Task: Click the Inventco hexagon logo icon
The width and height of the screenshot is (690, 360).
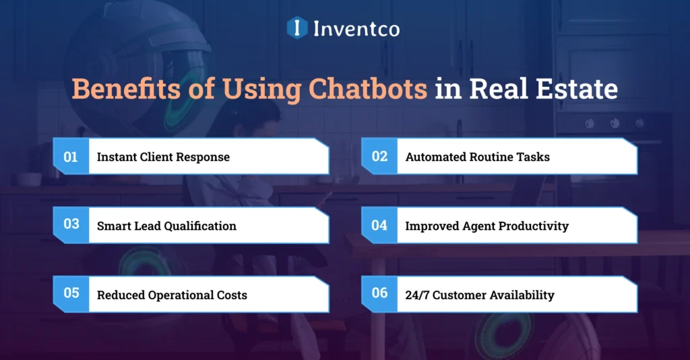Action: click(x=297, y=28)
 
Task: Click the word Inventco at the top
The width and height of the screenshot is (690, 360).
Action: click(x=356, y=28)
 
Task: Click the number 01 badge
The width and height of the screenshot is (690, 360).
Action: click(x=71, y=156)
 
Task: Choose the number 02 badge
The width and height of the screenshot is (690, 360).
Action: click(x=379, y=156)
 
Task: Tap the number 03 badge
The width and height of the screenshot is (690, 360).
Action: click(x=71, y=225)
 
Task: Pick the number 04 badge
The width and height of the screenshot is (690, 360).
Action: click(x=379, y=225)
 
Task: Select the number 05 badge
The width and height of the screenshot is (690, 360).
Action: click(x=71, y=294)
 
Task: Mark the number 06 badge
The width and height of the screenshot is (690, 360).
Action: click(x=379, y=294)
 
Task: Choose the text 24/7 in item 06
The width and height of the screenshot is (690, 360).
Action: click(x=416, y=295)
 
